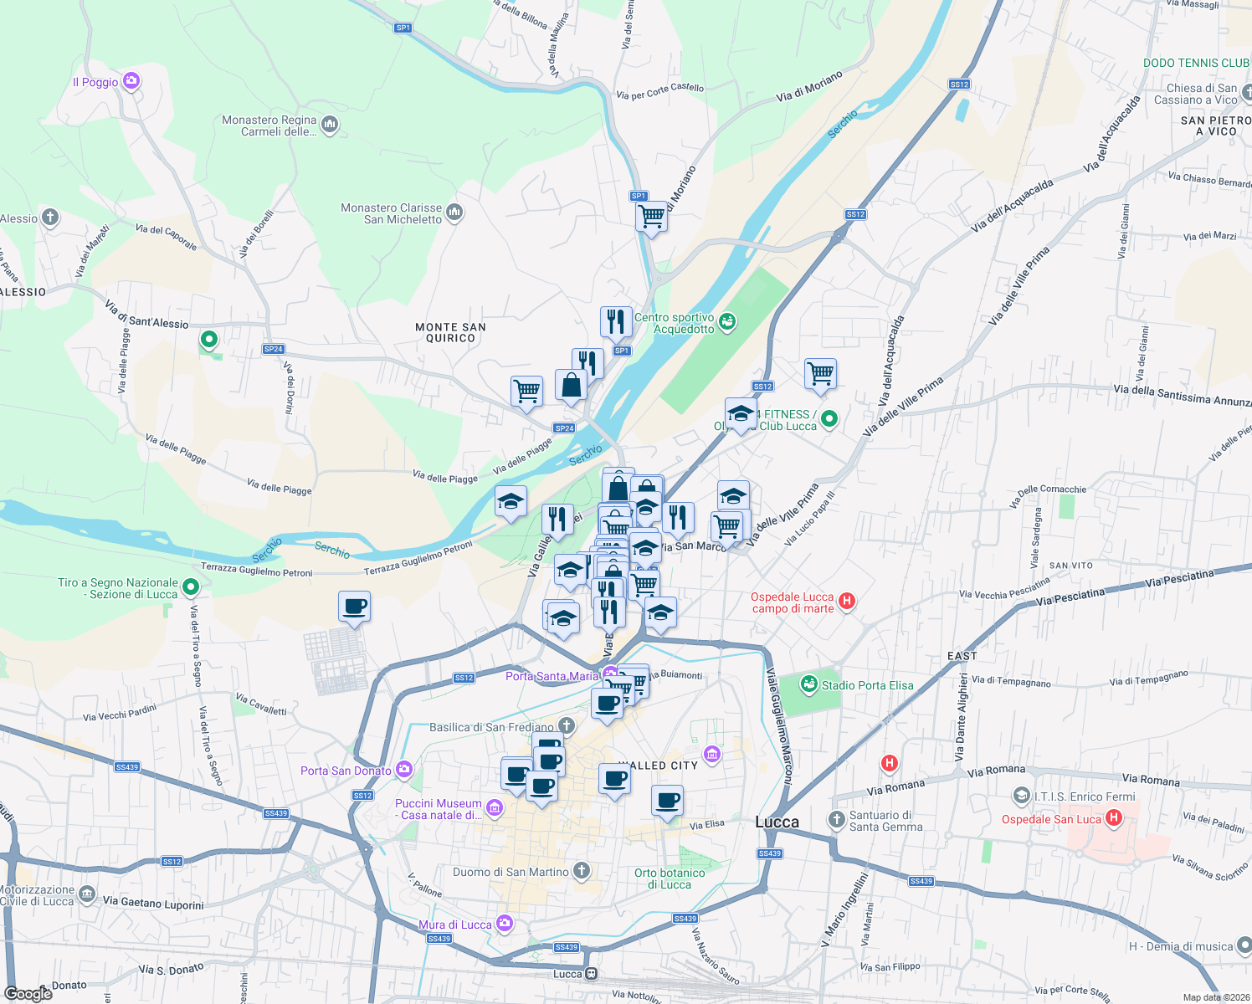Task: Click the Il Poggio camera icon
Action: [131, 81]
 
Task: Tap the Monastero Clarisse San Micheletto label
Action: [391, 213]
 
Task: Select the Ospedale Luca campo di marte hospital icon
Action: [846, 601]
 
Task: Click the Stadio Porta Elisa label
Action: [867, 685]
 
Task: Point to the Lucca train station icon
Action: [592, 974]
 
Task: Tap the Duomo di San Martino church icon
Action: [581, 871]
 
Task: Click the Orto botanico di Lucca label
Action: [670, 878]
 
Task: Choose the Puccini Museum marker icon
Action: [495, 808]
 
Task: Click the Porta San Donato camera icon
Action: [404, 769]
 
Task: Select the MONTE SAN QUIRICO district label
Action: [450, 333]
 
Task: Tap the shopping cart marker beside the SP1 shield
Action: [651, 217]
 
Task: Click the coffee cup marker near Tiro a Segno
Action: [355, 607]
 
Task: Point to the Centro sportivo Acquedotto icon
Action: [727, 320]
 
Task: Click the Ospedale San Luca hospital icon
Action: [1113, 818]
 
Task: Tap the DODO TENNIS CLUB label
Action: [1196, 63]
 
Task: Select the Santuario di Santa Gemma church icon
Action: [836, 820]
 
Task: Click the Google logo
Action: [28, 993]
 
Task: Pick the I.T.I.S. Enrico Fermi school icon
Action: [1020, 795]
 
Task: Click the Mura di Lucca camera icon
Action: [504, 923]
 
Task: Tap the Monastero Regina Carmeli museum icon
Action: [329, 125]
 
